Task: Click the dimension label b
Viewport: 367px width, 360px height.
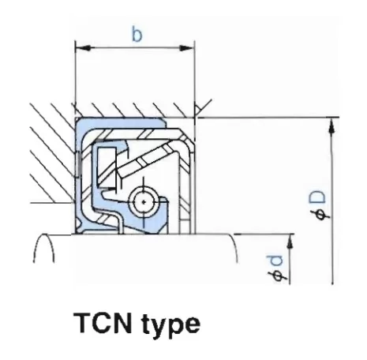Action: (x=137, y=36)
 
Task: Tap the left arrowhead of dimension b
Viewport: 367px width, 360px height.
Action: (x=83, y=48)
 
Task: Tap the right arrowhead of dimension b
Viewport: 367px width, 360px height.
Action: (x=187, y=48)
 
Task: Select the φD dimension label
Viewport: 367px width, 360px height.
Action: (x=318, y=206)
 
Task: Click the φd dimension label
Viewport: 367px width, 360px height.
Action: (x=275, y=268)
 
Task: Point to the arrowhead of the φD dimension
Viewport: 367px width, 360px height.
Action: (x=332, y=126)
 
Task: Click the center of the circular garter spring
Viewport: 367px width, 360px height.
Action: (x=144, y=202)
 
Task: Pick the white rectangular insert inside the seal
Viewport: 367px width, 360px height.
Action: (x=107, y=168)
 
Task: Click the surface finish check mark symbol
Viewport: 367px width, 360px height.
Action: (x=203, y=108)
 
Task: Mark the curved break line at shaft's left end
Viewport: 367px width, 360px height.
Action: (x=43, y=248)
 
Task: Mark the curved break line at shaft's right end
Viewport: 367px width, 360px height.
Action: (x=235, y=248)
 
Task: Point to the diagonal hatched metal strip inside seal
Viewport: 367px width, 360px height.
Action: (x=148, y=158)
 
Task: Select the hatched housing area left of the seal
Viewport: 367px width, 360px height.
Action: (x=53, y=152)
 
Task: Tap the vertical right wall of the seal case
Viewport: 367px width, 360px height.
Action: (x=192, y=184)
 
